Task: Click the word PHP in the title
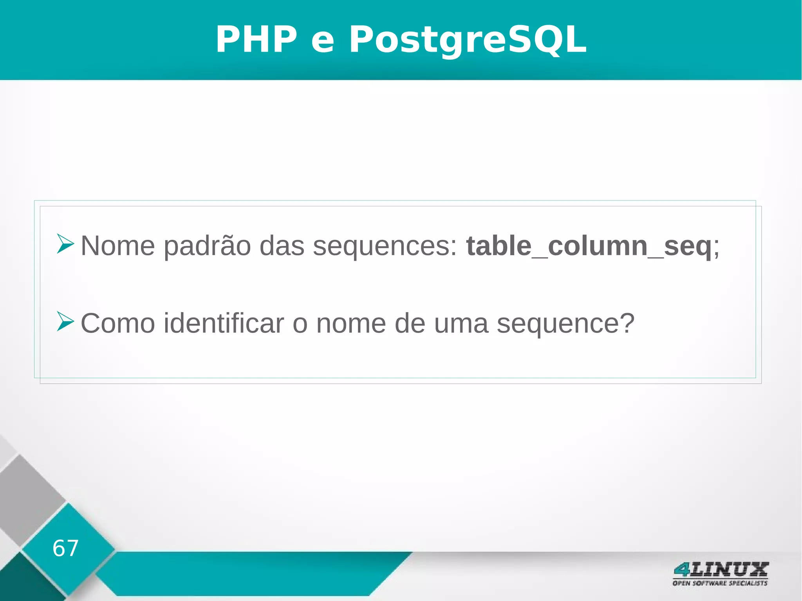tap(256, 39)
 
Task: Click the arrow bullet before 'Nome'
tap(65, 244)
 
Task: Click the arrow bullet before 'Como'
tap(65, 321)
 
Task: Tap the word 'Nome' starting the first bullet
tap(117, 246)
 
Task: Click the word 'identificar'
tap(224, 323)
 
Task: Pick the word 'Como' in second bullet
tap(117, 323)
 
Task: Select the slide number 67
tap(65, 548)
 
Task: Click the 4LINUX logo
tap(721, 570)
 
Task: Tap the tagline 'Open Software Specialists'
tap(720, 583)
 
